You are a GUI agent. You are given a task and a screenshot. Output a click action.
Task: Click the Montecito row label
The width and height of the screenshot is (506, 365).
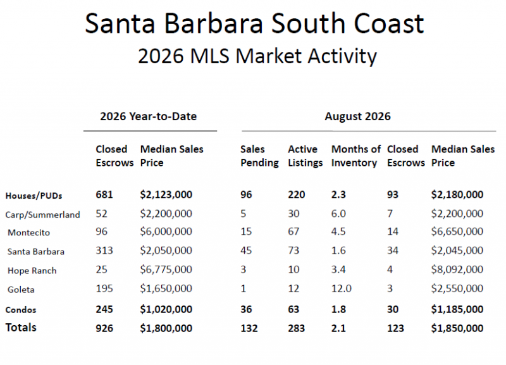[x=28, y=233]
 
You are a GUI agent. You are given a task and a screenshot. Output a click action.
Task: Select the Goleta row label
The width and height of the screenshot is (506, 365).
[x=21, y=290]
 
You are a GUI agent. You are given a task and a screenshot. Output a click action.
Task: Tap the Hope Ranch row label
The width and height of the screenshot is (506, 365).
[x=32, y=271]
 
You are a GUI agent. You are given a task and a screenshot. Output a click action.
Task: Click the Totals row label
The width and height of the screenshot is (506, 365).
[x=21, y=327]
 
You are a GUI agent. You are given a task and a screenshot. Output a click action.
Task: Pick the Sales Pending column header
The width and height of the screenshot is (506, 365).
[x=259, y=156]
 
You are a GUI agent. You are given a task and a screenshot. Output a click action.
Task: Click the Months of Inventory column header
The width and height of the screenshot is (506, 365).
[x=356, y=156]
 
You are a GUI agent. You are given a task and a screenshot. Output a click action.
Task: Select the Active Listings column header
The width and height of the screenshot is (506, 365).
[x=305, y=156]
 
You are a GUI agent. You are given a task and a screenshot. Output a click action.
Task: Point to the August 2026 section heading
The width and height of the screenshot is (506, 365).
[x=357, y=116]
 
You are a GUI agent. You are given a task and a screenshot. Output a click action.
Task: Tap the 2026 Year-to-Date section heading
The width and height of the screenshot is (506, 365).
[x=149, y=116]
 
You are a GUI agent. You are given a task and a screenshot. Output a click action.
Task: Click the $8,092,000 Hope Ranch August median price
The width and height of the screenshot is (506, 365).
[x=457, y=269]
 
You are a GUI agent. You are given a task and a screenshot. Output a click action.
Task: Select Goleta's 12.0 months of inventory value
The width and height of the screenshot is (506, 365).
[x=342, y=288]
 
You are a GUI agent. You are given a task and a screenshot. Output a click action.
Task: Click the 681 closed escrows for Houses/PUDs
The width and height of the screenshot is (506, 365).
[x=104, y=195]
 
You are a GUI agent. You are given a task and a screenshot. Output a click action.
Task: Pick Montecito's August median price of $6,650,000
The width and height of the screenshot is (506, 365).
[x=457, y=232]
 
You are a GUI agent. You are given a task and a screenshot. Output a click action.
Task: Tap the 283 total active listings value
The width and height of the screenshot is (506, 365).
[x=297, y=328]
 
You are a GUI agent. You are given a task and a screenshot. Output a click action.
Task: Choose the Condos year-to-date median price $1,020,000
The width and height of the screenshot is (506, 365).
[x=166, y=309]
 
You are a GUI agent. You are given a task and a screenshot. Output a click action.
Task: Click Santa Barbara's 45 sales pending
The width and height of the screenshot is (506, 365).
[x=246, y=251]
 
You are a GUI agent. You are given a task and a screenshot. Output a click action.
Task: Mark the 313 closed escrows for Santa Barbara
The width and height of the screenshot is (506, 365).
[x=104, y=251]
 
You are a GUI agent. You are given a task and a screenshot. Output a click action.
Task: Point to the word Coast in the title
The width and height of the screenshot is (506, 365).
[x=388, y=23]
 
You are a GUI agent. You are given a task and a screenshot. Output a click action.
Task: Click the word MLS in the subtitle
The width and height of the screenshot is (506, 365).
[x=209, y=56]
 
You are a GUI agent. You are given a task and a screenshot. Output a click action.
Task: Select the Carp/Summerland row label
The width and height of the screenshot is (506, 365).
[x=42, y=214]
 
